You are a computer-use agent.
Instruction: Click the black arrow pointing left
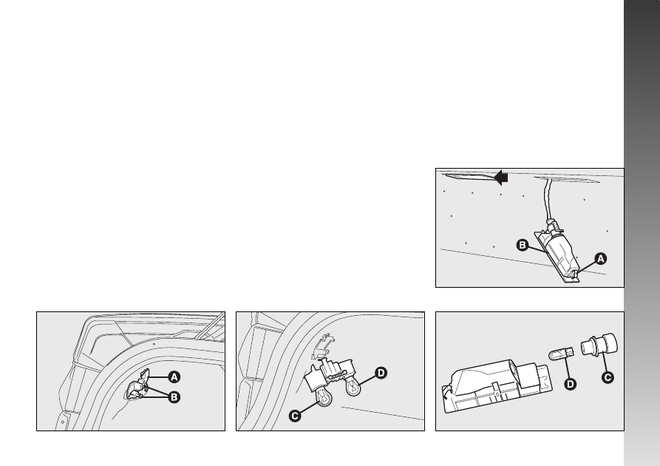point(500,178)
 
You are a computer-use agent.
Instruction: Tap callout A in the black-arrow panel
point(601,258)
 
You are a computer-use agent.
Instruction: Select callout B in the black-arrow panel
point(522,245)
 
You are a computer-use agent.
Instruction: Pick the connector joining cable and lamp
point(554,226)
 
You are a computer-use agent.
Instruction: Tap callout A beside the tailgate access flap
point(174,377)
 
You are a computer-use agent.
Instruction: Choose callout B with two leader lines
point(174,397)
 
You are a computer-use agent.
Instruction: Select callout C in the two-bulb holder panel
point(295,416)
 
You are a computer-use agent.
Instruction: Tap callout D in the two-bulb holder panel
point(381,373)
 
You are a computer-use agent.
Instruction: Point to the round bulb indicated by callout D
point(353,385)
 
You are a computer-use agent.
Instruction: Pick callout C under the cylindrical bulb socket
point(608,376)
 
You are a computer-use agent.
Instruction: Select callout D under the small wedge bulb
point(570,384)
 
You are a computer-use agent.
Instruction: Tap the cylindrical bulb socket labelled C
point(599,345)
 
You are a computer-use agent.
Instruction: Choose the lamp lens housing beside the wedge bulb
point(497,385)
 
